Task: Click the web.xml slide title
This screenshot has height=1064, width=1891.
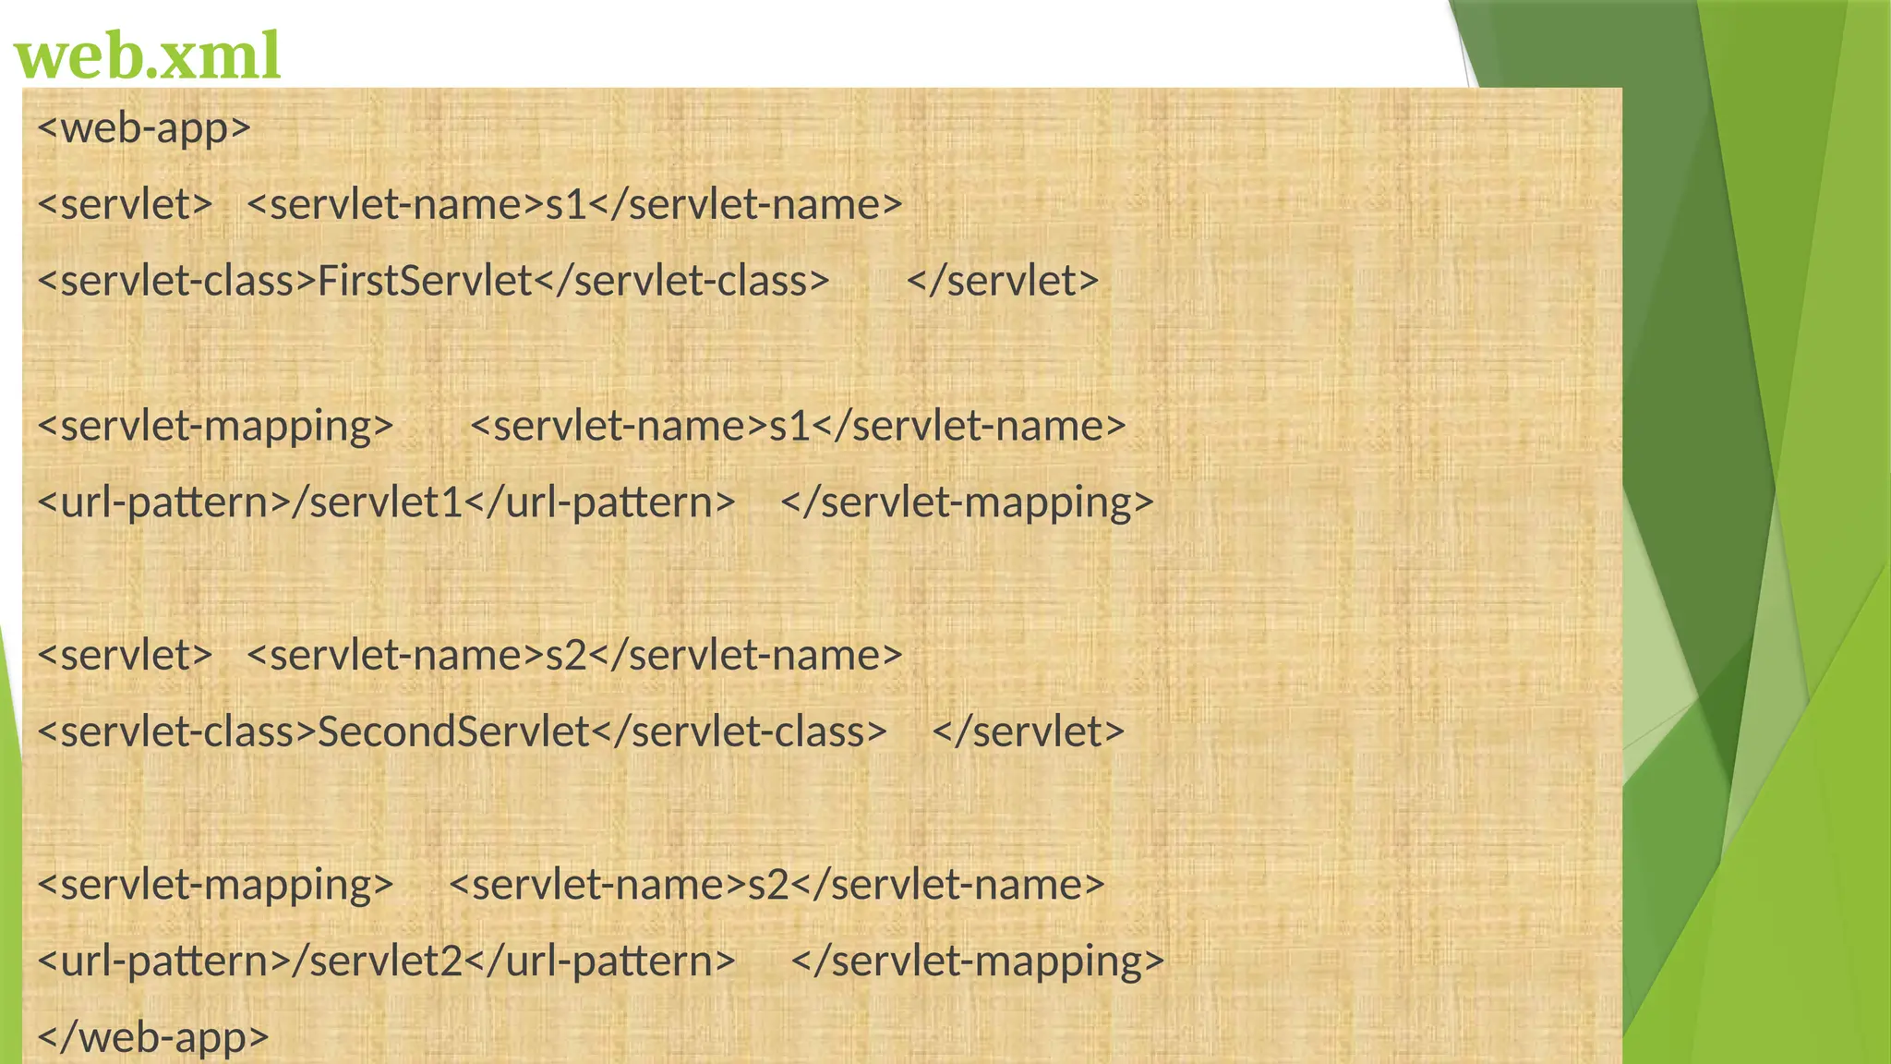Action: click(148, 55)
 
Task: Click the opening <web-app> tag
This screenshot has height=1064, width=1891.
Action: click(144, 127)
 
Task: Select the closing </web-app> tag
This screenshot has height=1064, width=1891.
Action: click(153, 1036)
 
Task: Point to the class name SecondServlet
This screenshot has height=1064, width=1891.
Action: click(453, 731)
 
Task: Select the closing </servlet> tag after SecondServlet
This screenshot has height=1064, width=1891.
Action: click(1029, 731)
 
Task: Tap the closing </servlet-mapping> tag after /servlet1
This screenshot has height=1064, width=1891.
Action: click(968, 502)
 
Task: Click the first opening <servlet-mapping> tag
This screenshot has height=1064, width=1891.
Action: click(216, 426)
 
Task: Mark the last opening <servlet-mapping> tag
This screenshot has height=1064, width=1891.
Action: click(216, 884)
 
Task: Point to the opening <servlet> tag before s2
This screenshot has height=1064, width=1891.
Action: click(126, 655)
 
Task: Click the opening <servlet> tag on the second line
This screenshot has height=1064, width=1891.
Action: click(126, 204)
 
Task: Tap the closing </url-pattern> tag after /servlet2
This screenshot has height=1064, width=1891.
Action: click(600, 961)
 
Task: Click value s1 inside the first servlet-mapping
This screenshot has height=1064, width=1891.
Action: click(790, 426)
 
